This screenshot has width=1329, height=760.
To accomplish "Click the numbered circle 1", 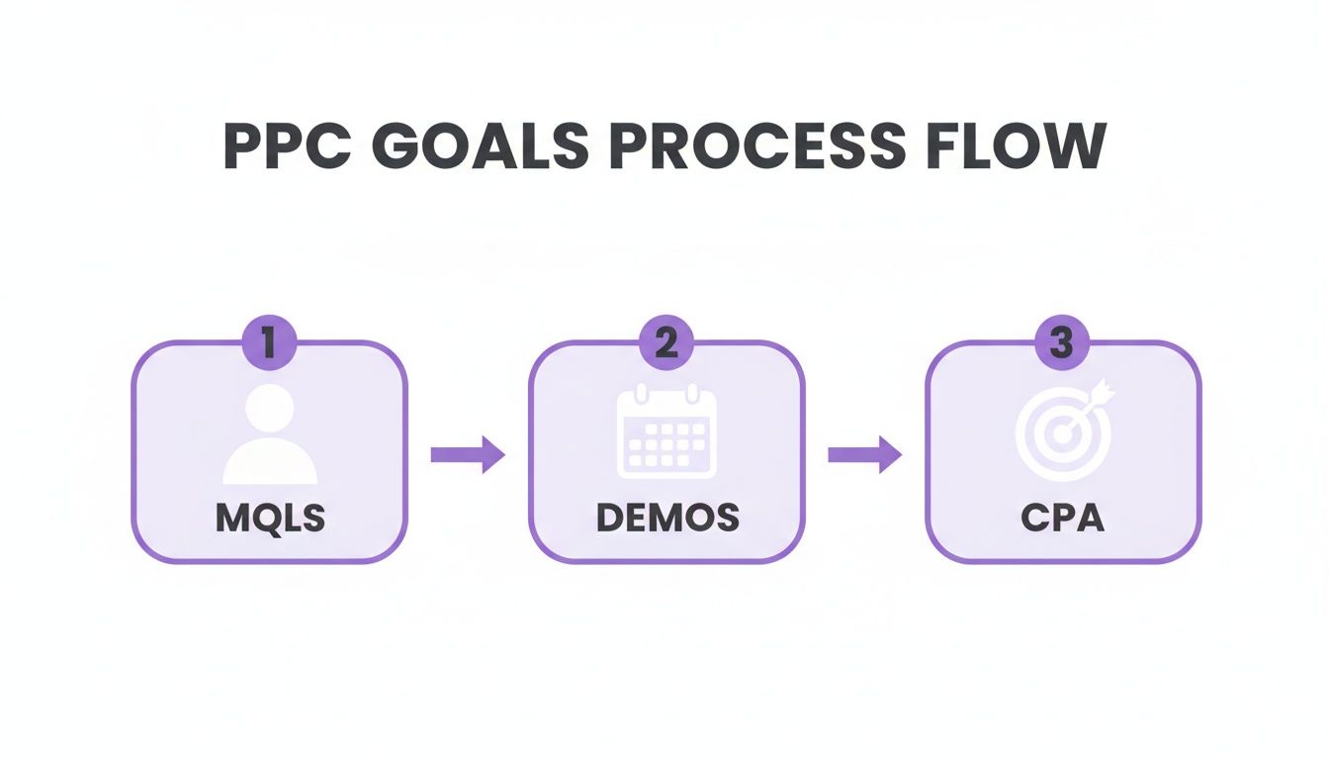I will (x=269, y=343).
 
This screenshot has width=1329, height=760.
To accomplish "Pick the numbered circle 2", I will (x=666, y=343).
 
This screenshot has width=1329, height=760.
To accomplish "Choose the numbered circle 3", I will (x=1062, y=343).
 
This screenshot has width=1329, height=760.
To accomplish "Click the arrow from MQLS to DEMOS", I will (x=468, y=454).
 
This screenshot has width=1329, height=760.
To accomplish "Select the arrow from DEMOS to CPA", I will (x=864, y=454).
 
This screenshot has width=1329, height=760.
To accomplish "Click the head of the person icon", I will (x=270, y=407).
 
